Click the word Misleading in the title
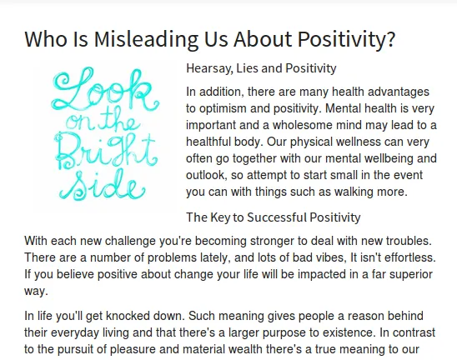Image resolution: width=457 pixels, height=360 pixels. (x=146, y=38)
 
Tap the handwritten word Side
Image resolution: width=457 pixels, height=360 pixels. (x=102, y=185)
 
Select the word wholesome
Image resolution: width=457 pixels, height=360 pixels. (x=303, y=125)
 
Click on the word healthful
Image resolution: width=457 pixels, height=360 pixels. (x=206, y=142)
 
